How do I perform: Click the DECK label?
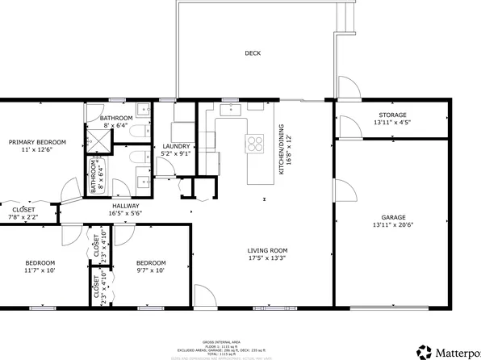coord(253,53)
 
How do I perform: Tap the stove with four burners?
coord(256,144)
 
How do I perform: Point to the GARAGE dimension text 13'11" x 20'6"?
coord(393,224)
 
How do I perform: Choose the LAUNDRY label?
coord(175,146)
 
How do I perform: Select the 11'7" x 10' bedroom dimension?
coord(40,270)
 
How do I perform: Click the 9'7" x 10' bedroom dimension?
coord(150,270)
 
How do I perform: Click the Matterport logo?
coord(448,352)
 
